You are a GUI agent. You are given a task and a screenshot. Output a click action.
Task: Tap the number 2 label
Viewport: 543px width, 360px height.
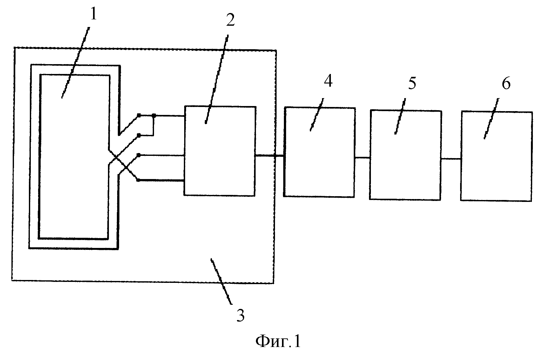pos(231,20)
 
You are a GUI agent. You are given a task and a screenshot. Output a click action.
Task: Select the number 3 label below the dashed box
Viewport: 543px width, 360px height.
pos(240,316)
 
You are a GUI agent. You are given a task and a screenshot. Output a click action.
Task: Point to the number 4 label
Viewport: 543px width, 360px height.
pos(328,81)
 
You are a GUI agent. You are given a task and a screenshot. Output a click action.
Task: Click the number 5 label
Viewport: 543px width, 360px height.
pos(412,83)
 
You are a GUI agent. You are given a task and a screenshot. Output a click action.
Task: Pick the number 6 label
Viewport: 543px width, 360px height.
pos(506,83)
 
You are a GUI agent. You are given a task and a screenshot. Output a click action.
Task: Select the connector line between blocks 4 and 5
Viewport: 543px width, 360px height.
pos(362,158)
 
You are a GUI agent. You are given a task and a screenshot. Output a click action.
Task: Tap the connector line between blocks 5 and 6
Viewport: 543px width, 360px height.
pos(451,159)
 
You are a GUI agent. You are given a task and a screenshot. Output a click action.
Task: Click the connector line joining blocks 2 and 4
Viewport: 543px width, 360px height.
pos(269,156)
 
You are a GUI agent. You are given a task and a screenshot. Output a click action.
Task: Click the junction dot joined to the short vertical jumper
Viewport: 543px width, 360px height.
pos(154,116)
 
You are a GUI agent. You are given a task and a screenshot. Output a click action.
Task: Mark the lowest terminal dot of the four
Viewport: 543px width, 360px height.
pos(138,180)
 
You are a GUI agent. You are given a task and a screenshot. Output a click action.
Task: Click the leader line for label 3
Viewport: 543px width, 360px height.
pos(221,282)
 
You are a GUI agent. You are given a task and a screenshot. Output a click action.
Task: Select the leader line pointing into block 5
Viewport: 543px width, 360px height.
pos(400,116)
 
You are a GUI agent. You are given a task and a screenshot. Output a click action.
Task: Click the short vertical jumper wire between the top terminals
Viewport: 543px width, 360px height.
pos(153,126)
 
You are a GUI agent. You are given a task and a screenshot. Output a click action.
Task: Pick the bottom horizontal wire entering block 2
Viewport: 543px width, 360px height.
pos(161,181)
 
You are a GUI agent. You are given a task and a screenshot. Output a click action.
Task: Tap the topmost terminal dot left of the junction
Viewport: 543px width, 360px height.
pos(139,115)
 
